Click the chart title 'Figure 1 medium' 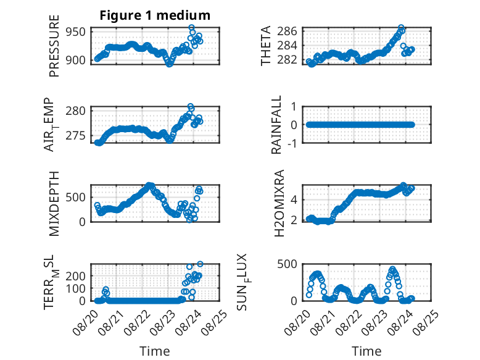coord(155,15)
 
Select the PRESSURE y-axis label coord(54,46)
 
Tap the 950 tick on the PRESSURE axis coord(76,31)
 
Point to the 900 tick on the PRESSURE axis coord(76,60)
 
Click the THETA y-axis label coord(266,46)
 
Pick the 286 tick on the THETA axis coord(287,31)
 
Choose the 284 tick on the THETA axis coord(287,45)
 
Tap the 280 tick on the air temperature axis coord(76,111)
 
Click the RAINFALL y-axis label coord(276,125)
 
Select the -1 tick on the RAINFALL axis coord(292,143)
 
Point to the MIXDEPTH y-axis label coord(54,204)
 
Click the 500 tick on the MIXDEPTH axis coord(76,197)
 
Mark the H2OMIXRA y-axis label coord(279,203)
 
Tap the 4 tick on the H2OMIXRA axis coord(294,200)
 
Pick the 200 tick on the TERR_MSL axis coord(76,276)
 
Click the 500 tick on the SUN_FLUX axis coord(287,264)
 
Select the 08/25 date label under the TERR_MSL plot coord(215,322)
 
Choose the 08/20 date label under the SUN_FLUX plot coord(297,322)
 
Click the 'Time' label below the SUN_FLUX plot coord(366,351)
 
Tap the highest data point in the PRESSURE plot coord(192,27)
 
